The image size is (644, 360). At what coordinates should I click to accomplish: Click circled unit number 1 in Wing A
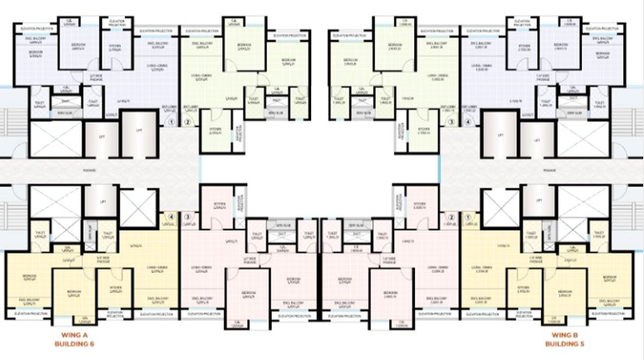coord(171,122)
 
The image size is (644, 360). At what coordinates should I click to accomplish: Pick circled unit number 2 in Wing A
coord(188,122)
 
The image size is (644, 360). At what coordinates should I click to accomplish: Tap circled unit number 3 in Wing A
coord(188,217)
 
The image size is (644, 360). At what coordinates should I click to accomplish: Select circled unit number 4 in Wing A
coord(171,217)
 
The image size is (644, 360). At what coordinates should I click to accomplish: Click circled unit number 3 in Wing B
coord(451,122)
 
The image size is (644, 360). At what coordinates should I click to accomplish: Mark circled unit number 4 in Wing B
coord(468,122)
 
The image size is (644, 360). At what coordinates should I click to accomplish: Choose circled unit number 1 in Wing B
coord(468,217)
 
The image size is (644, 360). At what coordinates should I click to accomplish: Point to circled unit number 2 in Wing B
coord(451,217)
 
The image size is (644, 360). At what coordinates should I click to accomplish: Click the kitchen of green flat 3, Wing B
coord(424,131)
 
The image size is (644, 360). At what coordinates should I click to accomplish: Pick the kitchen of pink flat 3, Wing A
coord(219,205)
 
